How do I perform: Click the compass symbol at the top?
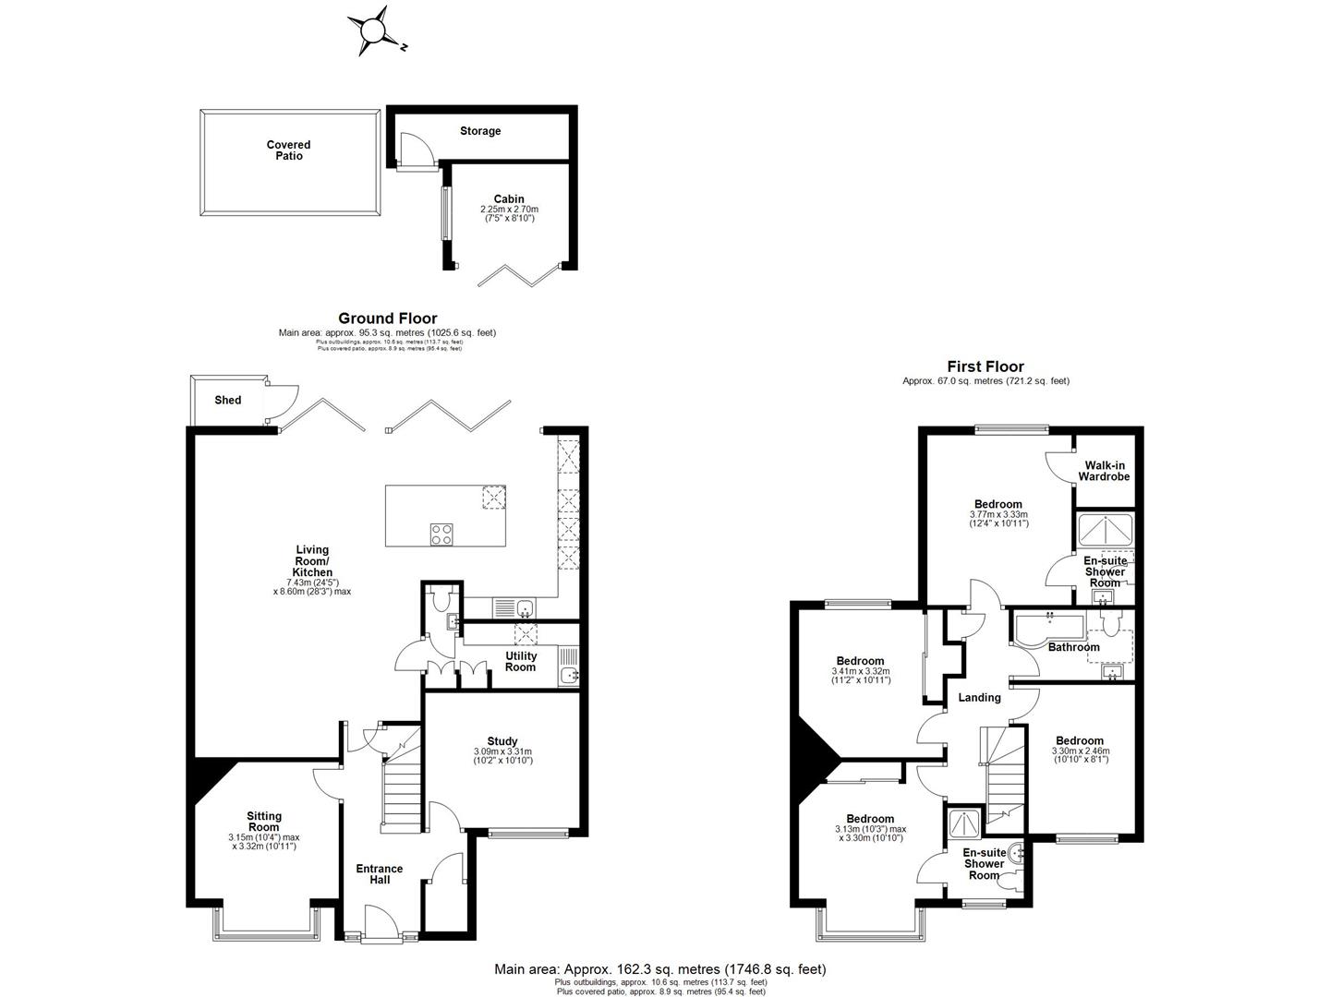(x=372, y=31)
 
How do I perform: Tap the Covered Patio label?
(x=288, y=150)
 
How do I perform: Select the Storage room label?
(x=480, y=131)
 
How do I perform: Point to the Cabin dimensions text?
(x=509, y=214)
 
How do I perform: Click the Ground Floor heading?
(x=387, y=318)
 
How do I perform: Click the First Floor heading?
(x=985, y=366)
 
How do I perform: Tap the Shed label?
(x=227, y=400)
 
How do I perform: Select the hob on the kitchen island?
(x=441, y=533)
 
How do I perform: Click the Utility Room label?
(x=520, y=662)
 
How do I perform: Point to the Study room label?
(x=502, y=740)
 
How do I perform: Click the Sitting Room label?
(x=263, y=822)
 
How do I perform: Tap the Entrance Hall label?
(x=380, y=874)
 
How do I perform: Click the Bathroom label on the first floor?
(x=1073, y=647)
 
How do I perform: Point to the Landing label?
(x=979, y=698)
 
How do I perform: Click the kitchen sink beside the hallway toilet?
(x=524, y=608)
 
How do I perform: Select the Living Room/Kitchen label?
(x=310, y=561)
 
